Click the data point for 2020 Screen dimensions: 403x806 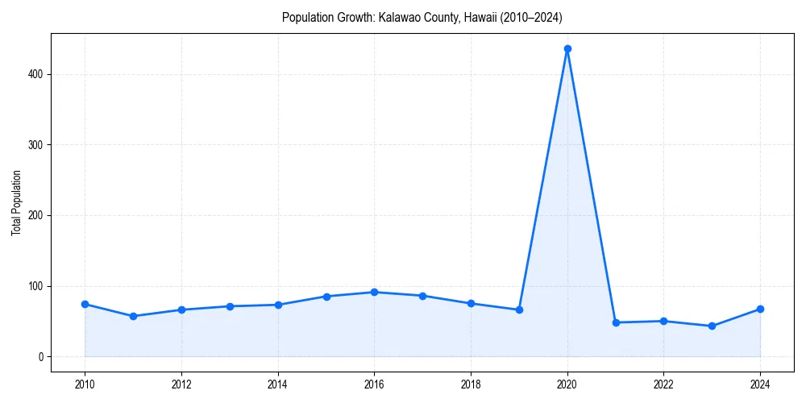tap(567, 48)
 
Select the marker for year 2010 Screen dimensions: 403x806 tap(85, 304)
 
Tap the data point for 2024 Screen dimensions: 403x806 tap(760, 309)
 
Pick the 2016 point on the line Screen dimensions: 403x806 tap(374, 292)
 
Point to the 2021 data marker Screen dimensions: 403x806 tap(616, 322)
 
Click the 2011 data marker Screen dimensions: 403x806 tap(133, 316)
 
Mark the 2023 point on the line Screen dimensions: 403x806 tap(712, 326)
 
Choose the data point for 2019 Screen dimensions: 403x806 tap(519, 310)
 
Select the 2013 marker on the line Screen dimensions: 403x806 tap(230, 306)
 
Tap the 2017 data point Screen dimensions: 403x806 tap(422, 296)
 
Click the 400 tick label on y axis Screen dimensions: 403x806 tap(35, 74)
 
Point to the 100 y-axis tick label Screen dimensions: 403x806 tap(35, 286)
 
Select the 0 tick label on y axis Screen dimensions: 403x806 tap(39, 357)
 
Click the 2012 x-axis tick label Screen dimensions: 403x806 tap(181, 384)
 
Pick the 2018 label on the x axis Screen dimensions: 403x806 tap(471, 384)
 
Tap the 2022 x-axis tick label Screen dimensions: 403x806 tap(663, 384)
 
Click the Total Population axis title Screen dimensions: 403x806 tap(16, 202)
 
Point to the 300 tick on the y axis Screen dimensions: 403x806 tap(35, 145)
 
